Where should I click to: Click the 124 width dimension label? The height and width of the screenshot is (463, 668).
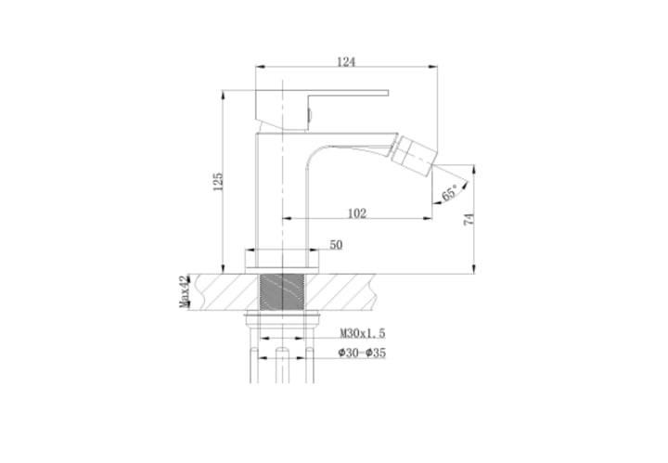click(346, 62)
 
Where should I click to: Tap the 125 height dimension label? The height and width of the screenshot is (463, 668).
click(218, 182)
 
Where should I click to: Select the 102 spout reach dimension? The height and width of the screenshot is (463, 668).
click(357, 213)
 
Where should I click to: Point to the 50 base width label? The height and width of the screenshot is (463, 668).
click(336, 245)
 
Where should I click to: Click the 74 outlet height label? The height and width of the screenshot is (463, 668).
click(469, 219)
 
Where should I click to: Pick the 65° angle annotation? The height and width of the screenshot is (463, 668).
click(449, 192)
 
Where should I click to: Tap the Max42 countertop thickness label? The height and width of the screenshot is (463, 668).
click(184, 291)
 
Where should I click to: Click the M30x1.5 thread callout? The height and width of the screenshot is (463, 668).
click(363, 333)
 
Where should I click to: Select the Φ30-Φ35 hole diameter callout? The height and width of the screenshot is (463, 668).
click(362, 353)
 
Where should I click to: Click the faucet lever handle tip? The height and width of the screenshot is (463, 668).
click(387, 94)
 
